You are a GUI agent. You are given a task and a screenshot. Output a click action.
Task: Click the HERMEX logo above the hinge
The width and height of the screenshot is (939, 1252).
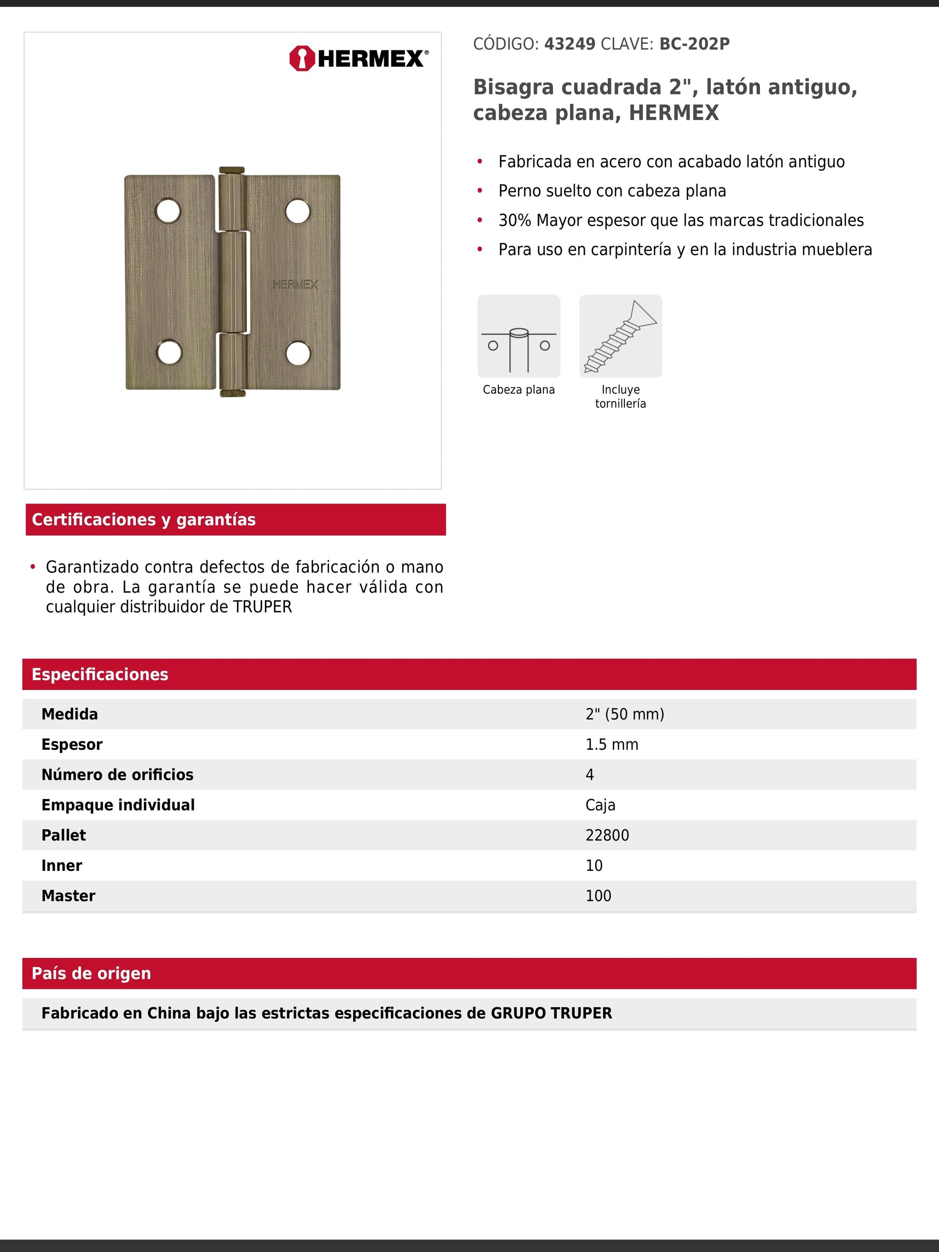click(x=359, y=58)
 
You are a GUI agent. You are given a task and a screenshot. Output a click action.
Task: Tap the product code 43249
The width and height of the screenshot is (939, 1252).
click(x=569, y=44)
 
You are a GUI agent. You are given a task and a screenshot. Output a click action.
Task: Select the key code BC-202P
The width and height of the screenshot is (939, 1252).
click(x=694, y=44)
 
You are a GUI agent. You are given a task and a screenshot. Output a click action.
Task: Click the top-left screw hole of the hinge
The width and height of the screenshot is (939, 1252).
click(x=168, y=211)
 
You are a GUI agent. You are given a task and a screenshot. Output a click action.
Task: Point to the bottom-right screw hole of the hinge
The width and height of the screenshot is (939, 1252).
click(x=298, y=353)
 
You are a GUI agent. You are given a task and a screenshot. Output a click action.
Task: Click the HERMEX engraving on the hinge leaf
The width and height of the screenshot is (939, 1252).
click(x=295, y=284)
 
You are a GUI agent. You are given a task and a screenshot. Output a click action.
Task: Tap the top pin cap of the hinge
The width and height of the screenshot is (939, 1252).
click(x=232, y=170)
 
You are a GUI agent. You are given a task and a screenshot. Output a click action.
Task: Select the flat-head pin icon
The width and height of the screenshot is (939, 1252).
click(x=518, y=336)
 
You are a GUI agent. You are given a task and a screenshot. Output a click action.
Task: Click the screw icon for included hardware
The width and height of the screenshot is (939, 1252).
click(x=621, y=336)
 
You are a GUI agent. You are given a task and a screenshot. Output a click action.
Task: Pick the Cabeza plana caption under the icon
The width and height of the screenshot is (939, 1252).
click(x=518, y=389)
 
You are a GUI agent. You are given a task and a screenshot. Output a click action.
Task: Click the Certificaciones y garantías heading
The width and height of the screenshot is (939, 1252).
click(x=144, y=520)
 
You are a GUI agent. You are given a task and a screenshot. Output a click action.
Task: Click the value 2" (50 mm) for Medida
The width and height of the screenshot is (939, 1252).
click(x=624, y=715)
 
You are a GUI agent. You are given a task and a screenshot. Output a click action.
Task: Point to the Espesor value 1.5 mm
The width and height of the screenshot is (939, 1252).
click(x=611, y=744)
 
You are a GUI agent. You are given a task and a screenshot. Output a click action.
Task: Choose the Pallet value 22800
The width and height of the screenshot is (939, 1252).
click(x=607, y=836)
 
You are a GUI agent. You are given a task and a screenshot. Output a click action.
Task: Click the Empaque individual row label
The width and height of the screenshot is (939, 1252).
click(x=118, y=805)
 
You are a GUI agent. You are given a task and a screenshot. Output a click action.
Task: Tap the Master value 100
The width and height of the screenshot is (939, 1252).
click(x=598, y=896)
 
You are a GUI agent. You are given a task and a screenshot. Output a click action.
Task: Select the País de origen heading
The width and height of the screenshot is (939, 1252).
click(x=92, y=974)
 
